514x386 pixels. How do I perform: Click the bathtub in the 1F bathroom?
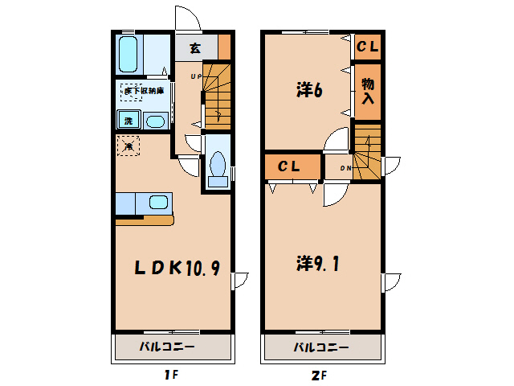coord(128,54)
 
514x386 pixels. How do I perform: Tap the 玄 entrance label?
coord(195,47)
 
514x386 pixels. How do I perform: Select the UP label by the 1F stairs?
coord(195,76)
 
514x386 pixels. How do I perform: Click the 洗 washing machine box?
coord(128,121)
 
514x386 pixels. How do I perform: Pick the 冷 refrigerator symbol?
coord(128,146)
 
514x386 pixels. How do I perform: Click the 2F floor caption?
coord(320,375)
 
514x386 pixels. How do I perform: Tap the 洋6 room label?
coord(308,91)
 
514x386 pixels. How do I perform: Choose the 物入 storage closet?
coord(367,90)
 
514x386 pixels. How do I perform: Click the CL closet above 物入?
coord(367,47)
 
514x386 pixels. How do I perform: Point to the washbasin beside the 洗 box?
coord(155,121)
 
